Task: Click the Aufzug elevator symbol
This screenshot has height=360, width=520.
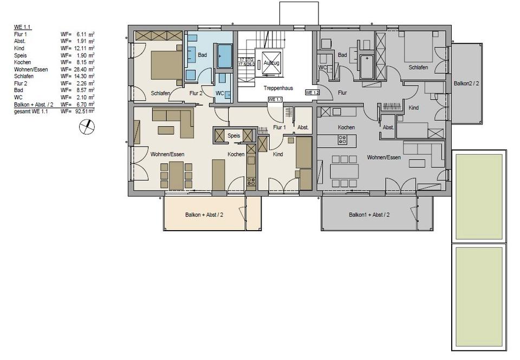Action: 271,63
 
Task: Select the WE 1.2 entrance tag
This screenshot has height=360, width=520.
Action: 312,93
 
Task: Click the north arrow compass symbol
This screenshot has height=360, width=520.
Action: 86,127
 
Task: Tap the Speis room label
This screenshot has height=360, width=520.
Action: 233,136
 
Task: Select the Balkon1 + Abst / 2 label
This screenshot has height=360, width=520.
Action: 369,215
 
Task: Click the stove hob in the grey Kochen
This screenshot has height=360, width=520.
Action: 342,139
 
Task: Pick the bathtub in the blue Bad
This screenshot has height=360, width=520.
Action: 224,56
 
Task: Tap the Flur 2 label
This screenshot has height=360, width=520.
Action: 196,93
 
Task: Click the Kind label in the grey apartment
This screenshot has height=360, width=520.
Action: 414,107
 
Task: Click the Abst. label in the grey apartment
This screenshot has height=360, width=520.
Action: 388,127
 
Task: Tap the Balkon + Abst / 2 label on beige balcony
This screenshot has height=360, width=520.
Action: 204,215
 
